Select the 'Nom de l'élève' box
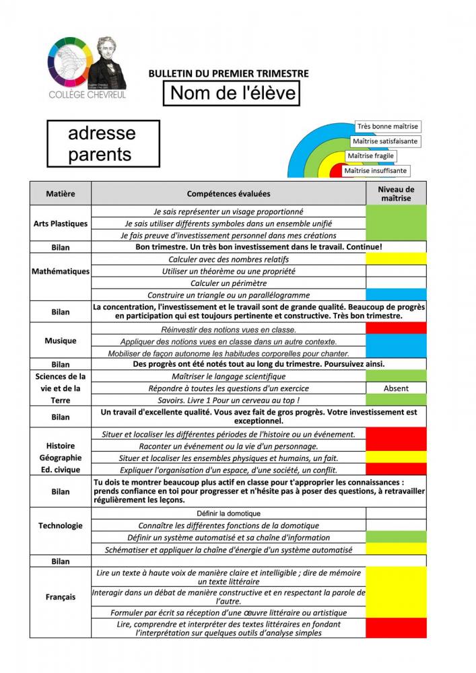[232, 93]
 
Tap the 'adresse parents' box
[103, 143]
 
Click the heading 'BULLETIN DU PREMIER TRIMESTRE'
[228, 73]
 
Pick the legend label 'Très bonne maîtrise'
[388, 127]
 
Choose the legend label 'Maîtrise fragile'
[370, 156]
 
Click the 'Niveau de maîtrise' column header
[396, 194]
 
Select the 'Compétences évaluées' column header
[228, 194]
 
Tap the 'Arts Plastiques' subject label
[60, 223]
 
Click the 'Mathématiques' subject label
[60, 272]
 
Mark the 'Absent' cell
[396, 388]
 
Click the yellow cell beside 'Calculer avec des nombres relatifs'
[396, 259]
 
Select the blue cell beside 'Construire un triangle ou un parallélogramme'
[396, 295]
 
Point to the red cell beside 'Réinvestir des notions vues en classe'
[396, 329]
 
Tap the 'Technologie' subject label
[60, 526]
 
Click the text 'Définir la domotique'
[228, 513]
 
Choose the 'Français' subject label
[60, 597]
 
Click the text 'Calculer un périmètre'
[228, 283]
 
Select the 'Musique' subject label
[60, 341]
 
